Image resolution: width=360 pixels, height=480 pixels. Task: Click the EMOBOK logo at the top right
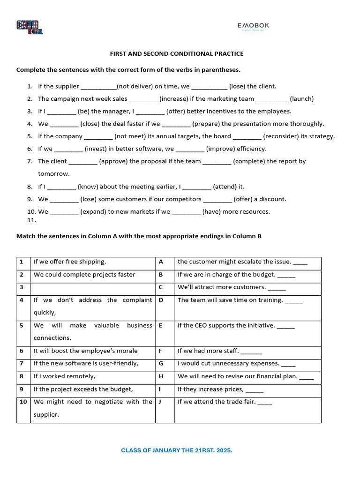[253, 26]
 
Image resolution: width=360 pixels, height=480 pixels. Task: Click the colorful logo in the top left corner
[30, 27]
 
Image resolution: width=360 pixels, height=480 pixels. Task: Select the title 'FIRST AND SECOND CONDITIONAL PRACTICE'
[177, 54]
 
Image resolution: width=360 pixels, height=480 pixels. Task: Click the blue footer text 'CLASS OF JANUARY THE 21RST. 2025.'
[177, 450]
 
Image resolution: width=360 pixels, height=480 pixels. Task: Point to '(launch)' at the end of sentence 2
[302, 99]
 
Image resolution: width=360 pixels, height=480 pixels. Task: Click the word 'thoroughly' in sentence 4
[307, 124]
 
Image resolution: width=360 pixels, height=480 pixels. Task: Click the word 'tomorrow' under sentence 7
[53, 174]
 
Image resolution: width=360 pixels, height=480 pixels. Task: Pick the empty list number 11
[31, 220]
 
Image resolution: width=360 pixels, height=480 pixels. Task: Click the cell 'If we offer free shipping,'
[70, 262]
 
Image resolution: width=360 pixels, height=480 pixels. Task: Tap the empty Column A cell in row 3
[93, 287]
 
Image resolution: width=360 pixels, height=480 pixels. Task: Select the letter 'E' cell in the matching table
[161, 325]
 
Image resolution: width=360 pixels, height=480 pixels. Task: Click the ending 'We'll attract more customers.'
[222, 287]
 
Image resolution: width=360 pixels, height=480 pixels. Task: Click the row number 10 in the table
[23, 402]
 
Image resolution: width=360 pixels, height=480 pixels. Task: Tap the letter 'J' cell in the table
[161, 402]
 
